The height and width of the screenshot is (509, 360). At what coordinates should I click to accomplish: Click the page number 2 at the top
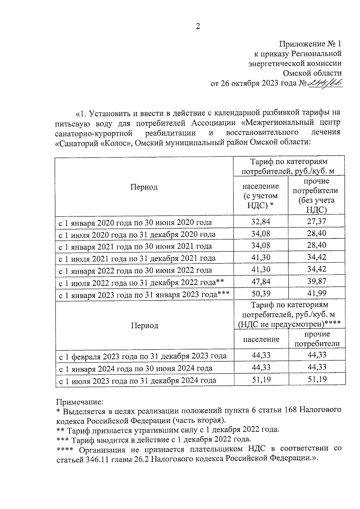click(x=198, y=26)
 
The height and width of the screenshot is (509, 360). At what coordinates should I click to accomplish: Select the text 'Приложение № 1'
click(x=310, y=44)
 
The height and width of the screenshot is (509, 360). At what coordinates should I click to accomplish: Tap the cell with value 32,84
click(x=260, y=222)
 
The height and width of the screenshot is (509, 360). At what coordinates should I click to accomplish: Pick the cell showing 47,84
click(x=260, y=281)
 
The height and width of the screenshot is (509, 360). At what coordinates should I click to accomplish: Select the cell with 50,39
click(x=260, y=293)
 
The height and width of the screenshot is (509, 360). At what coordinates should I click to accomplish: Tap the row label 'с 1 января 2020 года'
click(x=135, y=223)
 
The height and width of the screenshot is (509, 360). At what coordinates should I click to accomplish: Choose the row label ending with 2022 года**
click(x=141, y=283)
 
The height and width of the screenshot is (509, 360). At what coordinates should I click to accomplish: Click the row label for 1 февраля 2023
click(x=142, y=356)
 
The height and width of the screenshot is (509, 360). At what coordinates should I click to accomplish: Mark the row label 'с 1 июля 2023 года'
click(x=137, y=381)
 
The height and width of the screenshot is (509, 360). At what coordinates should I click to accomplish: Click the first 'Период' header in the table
click(x=144, y=187)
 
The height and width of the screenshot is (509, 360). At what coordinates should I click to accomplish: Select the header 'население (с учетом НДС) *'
click(x=260, y=196)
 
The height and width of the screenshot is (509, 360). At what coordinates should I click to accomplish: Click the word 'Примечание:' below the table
click(x=80, y=401)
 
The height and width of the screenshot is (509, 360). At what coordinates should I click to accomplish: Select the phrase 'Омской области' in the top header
click(x=312, y=73)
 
